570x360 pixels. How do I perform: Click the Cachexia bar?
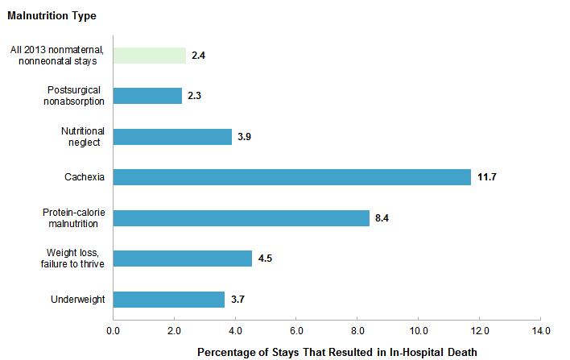click(291, 177)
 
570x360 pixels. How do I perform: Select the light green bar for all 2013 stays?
click(149, 55)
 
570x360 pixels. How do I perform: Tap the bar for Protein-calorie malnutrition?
click(241, 218)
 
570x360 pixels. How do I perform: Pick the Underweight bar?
click(169, 300)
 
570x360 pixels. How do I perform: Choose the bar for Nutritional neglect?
click(172, 136)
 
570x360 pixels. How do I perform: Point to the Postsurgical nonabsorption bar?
click(147, 96)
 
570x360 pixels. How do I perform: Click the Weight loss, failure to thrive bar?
click(182, 259)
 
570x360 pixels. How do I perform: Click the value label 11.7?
click(487, 177)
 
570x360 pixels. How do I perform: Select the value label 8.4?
click(384, 218)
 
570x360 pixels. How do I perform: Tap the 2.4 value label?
click(200, 56)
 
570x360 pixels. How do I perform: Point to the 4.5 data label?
click(266, 259)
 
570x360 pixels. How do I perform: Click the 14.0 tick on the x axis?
click(540, 331)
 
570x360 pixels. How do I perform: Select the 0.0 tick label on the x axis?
click(114, 331)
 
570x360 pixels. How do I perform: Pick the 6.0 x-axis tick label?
click(296, 331)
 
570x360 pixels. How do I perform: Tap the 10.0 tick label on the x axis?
click(418, 331)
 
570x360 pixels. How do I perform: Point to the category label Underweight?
click(78, 300)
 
